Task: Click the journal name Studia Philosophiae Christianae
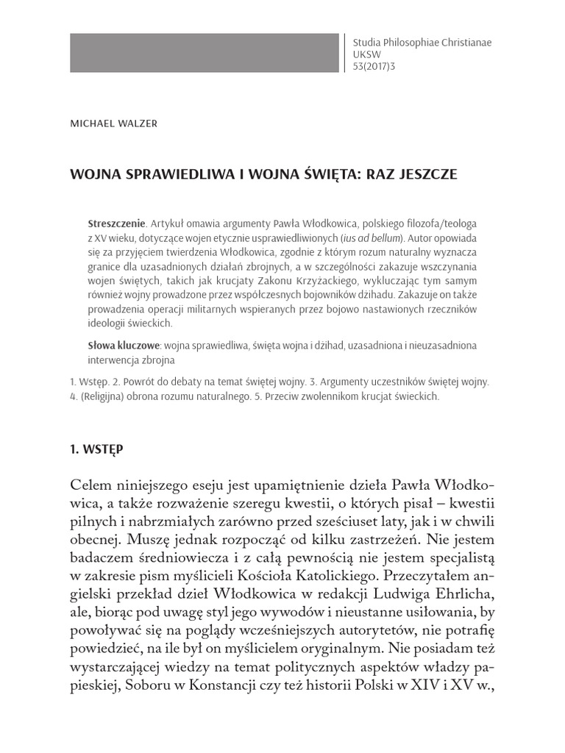pyautogui.click(x=423, y=43)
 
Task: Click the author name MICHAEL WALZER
pyautogui.click(x=113, y=124)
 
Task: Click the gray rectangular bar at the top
pyautogui.click(x=205, y=52)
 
